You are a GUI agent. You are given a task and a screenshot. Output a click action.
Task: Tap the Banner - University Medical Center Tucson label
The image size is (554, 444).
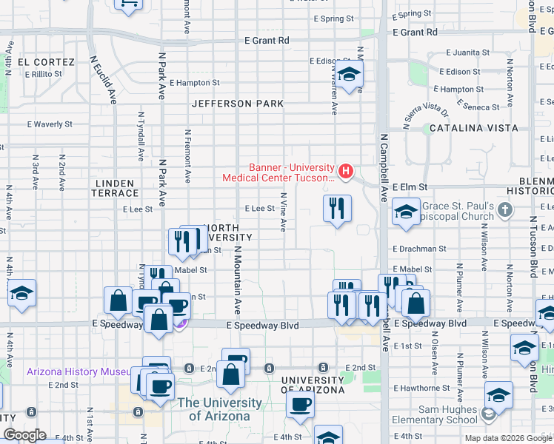tap(281, 172)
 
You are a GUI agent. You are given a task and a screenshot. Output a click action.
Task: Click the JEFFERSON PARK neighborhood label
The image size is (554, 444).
tap(237, 104)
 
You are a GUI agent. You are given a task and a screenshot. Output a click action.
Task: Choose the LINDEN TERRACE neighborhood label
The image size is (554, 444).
tap(114, 188)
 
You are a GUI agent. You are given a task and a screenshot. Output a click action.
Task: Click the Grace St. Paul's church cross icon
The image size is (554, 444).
tap(504, 211)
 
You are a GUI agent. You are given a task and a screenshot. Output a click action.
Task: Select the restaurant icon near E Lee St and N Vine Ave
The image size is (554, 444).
tap(337, 209)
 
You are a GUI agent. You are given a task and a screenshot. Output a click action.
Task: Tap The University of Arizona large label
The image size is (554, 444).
tap(219, 409)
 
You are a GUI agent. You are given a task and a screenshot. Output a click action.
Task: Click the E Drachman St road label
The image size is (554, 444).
tap(420, 249)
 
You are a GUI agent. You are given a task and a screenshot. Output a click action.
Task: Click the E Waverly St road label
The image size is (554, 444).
tap(50, 125)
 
